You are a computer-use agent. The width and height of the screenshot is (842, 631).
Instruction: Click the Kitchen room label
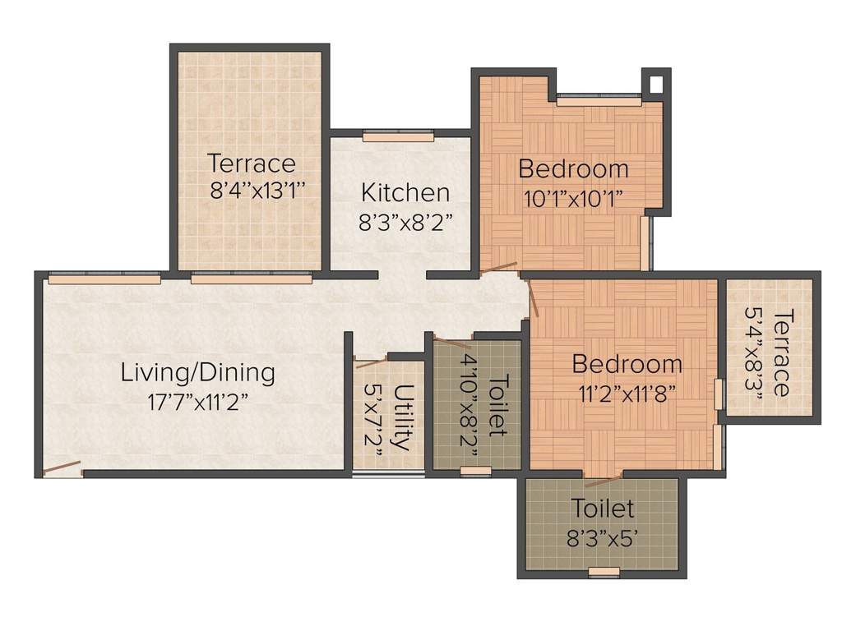tap(405, 193)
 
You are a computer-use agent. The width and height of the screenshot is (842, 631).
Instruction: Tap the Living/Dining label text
tap(197, 372)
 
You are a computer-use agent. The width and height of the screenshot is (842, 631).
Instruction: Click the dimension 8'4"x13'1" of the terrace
tap(258, 191)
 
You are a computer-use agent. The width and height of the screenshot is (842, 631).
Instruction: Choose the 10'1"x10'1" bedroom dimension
tap(573, 198)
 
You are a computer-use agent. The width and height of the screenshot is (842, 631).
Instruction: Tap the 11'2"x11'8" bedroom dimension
tap(627, 392)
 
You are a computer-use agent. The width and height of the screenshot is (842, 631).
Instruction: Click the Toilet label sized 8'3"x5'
tap(603, 508)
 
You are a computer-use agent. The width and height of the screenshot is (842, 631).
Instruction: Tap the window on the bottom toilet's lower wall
tap(604, 572)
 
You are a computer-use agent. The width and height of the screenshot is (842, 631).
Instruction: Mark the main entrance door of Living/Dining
tap(62, 469)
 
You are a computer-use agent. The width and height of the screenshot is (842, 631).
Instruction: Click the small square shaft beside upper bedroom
tap(655, 84)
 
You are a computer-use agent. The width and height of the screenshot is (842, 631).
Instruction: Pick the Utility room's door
tap(369, 362)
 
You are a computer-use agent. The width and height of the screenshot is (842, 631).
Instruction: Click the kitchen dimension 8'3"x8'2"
tap(405, 223)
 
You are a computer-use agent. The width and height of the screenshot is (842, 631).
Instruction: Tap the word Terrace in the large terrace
tap(251, 163)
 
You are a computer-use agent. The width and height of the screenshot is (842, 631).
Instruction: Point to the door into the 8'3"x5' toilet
tap(603, 480)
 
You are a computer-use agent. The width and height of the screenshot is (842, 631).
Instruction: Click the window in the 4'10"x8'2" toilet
tap(475, 471)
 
